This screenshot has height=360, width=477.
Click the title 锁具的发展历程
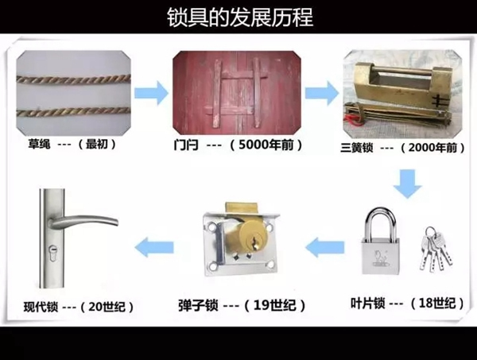(x=239, y=16)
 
